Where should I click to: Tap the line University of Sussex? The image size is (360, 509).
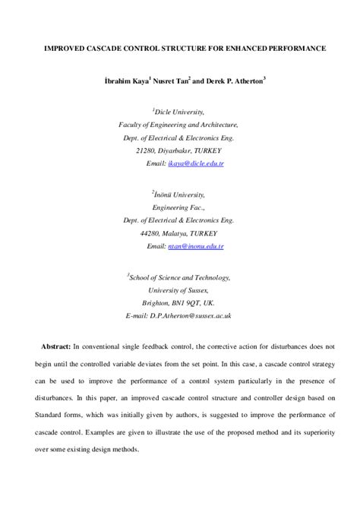coord(179,290)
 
